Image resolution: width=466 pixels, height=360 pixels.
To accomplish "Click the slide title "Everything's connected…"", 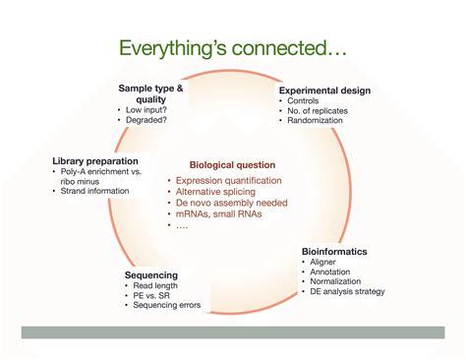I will coord(233,47).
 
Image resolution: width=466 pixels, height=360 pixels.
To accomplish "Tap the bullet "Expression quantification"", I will coord(229,181).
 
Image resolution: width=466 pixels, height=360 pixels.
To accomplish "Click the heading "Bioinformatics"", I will coord(334,252).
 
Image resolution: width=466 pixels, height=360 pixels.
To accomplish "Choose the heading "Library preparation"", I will coord(96,160).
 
